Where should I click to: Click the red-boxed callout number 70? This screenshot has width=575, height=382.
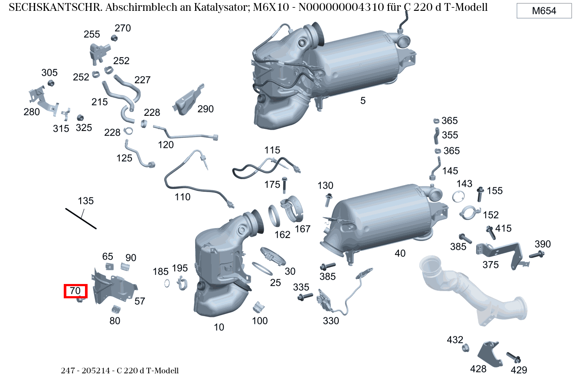[x=75, y=291]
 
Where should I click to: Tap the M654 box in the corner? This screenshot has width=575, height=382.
[x=544, y=11]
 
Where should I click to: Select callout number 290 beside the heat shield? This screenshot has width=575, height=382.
[x=206, y=109]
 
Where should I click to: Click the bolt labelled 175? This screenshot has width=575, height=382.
[x=284, y=185]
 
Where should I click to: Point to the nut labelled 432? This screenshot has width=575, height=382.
[x=465, y=348]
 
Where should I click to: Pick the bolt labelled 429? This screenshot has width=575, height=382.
[x=513, y=358]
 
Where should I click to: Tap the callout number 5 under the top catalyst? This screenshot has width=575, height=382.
[x=363, y=101]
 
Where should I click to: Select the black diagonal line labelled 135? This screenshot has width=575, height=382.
[x=81, y=219]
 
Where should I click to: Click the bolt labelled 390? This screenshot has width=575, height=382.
[x=537, y=255]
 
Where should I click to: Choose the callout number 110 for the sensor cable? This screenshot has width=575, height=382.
[x=183, y=197]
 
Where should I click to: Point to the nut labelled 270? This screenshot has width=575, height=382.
[x=114, y=38]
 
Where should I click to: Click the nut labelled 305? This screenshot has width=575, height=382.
[x=51, y=83]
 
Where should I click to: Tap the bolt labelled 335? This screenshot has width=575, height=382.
[x=305, y=297]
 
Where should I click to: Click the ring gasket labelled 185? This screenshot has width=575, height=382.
[x=167, y=284]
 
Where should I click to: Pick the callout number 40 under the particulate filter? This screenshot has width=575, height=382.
[x=400, y=253]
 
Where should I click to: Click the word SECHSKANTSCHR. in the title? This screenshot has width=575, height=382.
[x=56, y=7]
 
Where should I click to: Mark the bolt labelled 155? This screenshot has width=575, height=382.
[x=480, y=194]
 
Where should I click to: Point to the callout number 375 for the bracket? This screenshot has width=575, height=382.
[x=490, y=264]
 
